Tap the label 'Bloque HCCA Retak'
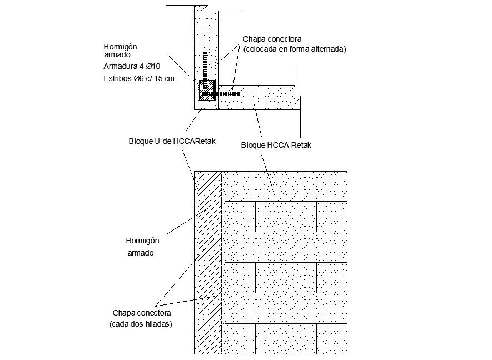pos(276,146)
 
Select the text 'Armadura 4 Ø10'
pos(132,67)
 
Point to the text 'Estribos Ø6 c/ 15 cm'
pos(139,78)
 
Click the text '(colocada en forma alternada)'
pos(294,49)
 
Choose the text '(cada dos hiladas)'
pos(141,324)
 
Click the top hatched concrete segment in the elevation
pos(210,201)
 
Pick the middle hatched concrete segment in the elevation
pos(210,262)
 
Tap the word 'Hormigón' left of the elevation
pos(143,241)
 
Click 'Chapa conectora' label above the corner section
pos(272,39)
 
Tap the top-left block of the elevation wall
pos(255,186)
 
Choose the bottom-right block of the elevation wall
pos(332,338)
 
